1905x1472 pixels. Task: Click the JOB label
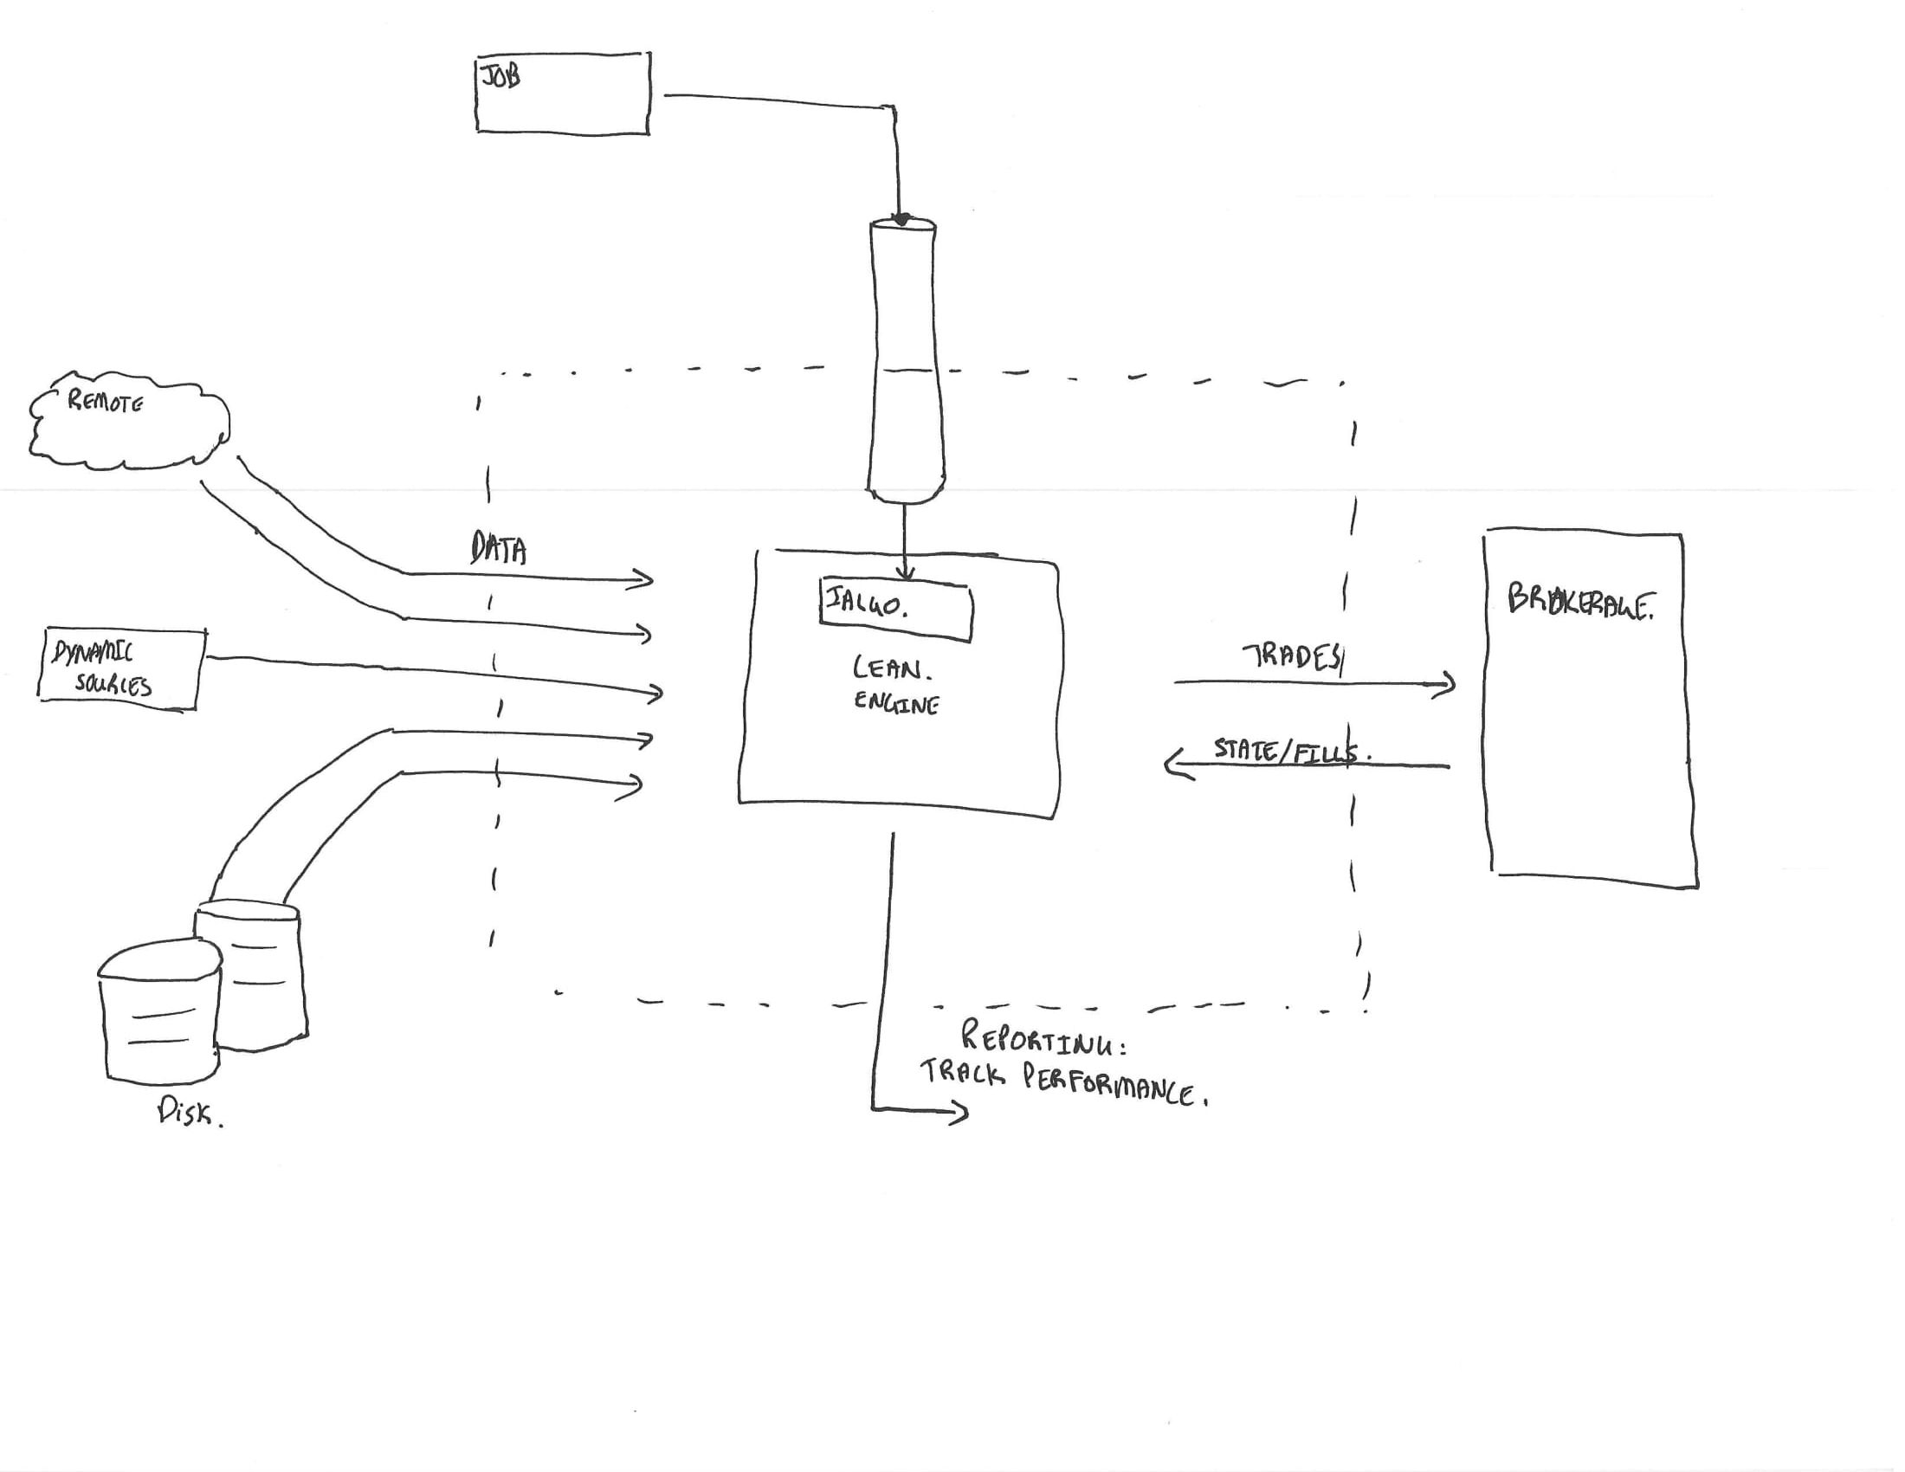[x=500, y=77]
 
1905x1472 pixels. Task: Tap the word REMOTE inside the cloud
[x=106, y=401]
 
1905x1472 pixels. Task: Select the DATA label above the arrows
[x=498, y=548]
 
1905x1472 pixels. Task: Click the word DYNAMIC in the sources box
[x=94, y=652]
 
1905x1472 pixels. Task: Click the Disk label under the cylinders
[x=188, y=1112]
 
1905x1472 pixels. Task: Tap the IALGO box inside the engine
[x=895, y=610]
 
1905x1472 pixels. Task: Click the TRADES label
[x=1291, y=656]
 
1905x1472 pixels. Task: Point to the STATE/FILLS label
[x=1289, y=751]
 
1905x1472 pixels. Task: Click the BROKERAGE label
[x=1579, y=602]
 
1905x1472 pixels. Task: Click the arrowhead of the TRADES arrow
[x=1446, y=684]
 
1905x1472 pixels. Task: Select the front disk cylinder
[x=159, y=1011]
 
